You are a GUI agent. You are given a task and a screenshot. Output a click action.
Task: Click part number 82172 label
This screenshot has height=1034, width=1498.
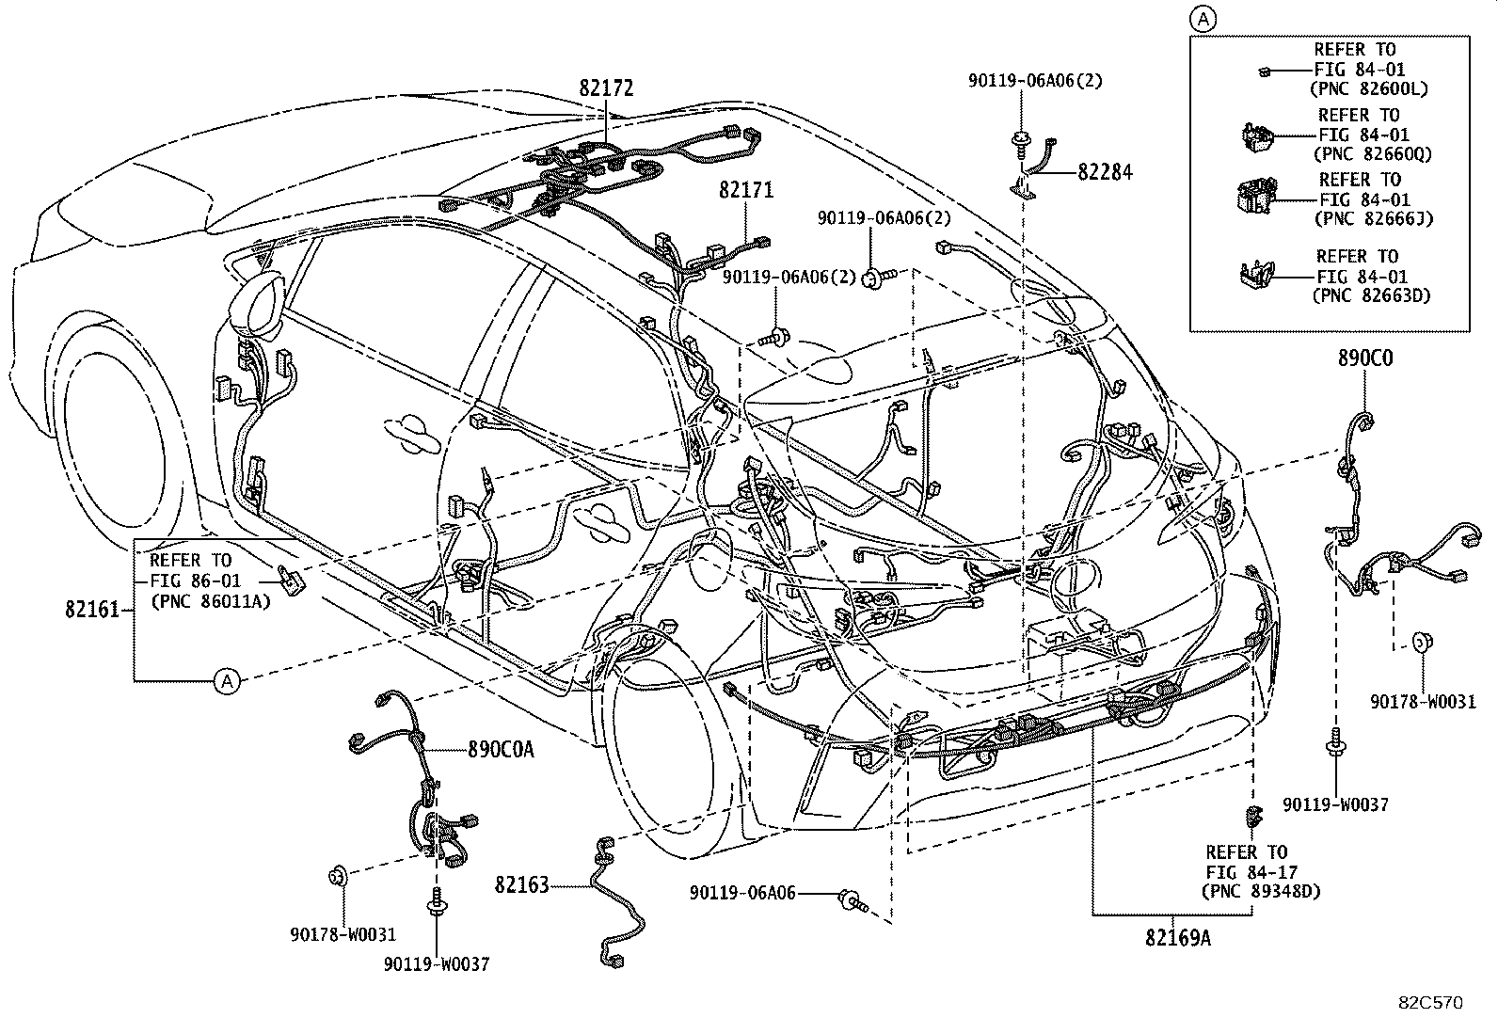(606, 88)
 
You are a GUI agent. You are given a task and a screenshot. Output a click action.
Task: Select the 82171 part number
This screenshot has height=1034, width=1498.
(746, 190)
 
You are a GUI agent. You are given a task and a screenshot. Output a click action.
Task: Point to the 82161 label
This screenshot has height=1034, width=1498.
(92, 610)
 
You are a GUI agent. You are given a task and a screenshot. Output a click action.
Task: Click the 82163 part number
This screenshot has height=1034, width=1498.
(521, 884)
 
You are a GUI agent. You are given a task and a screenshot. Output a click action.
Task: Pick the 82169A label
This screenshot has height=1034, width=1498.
(1177, 937)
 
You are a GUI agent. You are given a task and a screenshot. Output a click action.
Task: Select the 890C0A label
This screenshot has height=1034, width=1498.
(501, 749)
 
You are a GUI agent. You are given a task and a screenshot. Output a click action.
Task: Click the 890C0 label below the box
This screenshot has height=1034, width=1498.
(1365, 358)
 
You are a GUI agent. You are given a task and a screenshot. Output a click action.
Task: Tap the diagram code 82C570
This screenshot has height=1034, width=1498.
(1428, 1003)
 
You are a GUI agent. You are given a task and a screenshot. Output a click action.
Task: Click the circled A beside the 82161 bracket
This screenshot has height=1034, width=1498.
(227, 680)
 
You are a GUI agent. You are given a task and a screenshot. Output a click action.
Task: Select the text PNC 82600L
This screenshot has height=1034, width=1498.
(1368, 89)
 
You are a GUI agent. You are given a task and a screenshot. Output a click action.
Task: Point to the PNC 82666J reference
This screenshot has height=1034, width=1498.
(1372, 218)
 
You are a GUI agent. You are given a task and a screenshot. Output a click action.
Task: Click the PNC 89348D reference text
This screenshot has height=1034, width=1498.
(1261, 890)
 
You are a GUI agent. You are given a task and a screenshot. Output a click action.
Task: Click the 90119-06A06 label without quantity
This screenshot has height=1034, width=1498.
(741, 892)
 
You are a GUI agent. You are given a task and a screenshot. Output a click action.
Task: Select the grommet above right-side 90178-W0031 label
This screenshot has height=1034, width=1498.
(1423, 644)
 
